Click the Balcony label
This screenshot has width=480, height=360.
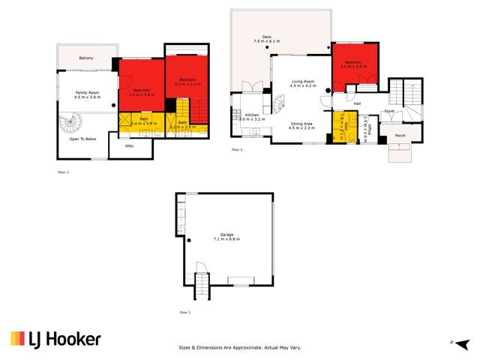[86, 58]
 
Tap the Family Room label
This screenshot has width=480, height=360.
[87, 94]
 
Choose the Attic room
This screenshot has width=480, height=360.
[119, 146]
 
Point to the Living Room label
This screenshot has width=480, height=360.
[302, 84]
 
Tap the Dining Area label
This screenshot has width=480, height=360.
[301, 125]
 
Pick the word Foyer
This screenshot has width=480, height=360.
[389, 111]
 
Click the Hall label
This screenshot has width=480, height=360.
[358, 103]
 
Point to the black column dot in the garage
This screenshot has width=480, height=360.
[190, 240]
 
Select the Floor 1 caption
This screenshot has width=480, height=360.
[184, 311]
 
